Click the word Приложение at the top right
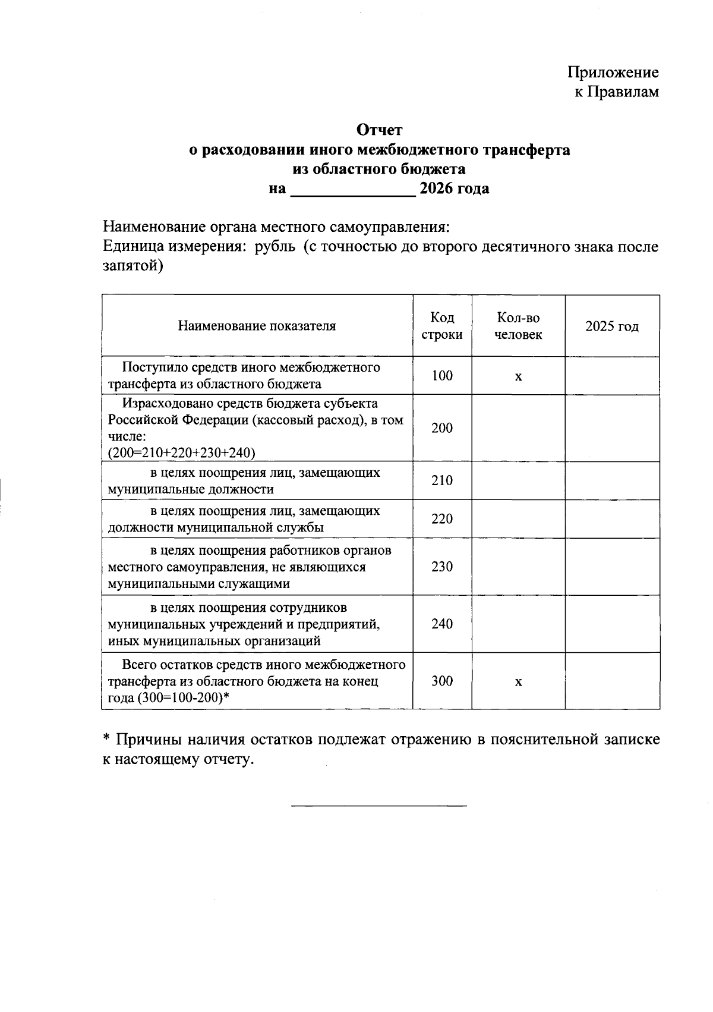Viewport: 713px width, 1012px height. (x=613, y=73)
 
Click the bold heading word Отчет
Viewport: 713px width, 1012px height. (x=379, y=130)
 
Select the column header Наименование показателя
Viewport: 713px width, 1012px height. (x=257, y=326)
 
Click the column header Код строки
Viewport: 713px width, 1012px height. (x=442, y=326)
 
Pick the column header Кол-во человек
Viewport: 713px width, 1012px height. (x=518, y=326)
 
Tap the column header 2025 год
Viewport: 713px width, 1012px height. (x=612, y=326)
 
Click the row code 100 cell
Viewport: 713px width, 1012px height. (x=442, y=376)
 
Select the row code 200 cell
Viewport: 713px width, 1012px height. (x=442, y=428)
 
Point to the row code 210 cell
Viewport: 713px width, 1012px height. (x=442, y=480)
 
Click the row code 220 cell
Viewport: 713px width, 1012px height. (x=442, y=519)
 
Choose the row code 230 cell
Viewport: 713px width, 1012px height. (x=442, y=567)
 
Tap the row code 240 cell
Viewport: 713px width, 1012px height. (x=442, y=624)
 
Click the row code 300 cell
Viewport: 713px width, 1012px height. (x=442, y=681)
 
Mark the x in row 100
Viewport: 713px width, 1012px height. (x=518, y=377)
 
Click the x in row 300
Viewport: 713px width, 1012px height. (x=518, y=682)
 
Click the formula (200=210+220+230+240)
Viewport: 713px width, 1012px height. (x=181, y=453)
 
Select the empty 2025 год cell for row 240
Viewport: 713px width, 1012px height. (x=612, y=624)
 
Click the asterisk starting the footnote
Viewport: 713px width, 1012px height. (x=106, y=738)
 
